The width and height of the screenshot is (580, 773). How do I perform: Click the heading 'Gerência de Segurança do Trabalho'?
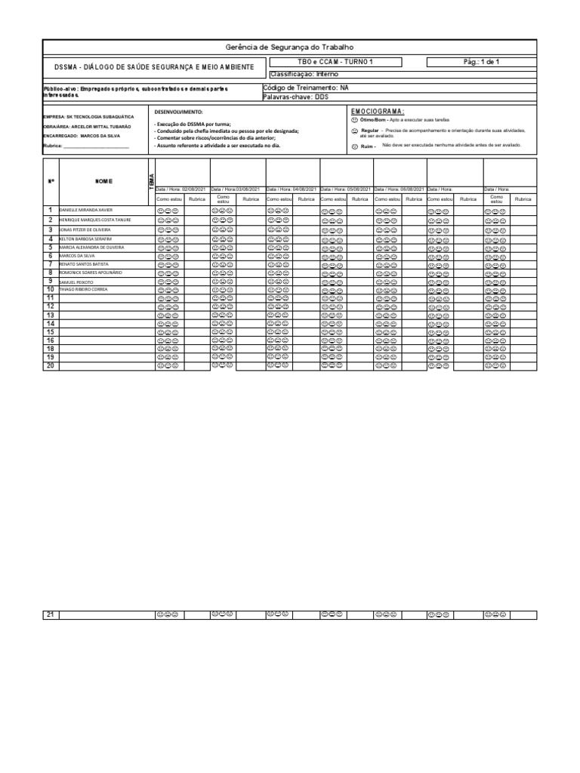[289, 48]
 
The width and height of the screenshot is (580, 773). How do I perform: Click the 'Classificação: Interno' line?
[304, 75]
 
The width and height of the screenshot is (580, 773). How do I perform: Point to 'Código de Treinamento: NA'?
[307, 88]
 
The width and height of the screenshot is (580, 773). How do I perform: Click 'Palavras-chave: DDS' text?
[295, 97]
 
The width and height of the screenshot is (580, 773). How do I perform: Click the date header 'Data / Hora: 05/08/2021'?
[346, 189]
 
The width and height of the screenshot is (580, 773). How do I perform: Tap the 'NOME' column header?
[103, 181]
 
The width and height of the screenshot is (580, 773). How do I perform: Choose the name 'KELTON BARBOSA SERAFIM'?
[85, 239]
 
